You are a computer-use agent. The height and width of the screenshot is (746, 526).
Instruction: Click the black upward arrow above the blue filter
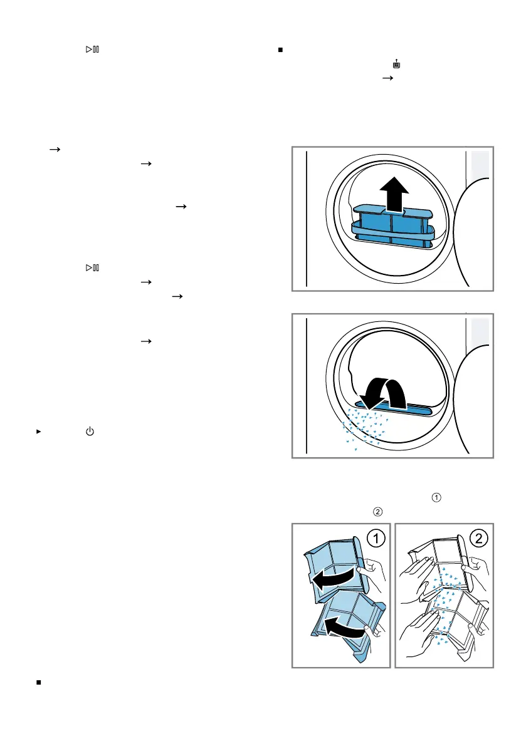tap(394, 194)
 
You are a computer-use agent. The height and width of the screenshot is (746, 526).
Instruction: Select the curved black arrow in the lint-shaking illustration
tap(382, 393)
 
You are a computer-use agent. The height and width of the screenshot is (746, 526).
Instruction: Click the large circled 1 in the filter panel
tap(376, 538)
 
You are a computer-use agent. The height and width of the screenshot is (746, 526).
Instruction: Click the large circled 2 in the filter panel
tap(479, 538)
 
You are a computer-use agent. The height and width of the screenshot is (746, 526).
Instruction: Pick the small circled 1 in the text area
tap(436, 498)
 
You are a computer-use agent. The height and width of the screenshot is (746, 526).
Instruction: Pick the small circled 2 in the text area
tap(377, 512)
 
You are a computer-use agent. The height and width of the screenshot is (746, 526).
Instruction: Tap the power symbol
tap(90, 432)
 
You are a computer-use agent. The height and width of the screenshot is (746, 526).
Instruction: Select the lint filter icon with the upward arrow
tap(396, 64)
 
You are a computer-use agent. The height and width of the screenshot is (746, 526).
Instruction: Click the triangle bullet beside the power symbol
tap(39, 432)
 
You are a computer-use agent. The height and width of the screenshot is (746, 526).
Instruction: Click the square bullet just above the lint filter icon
tap(280, 49)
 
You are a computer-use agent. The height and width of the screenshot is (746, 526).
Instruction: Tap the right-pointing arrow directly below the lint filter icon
tap(388, 78)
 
